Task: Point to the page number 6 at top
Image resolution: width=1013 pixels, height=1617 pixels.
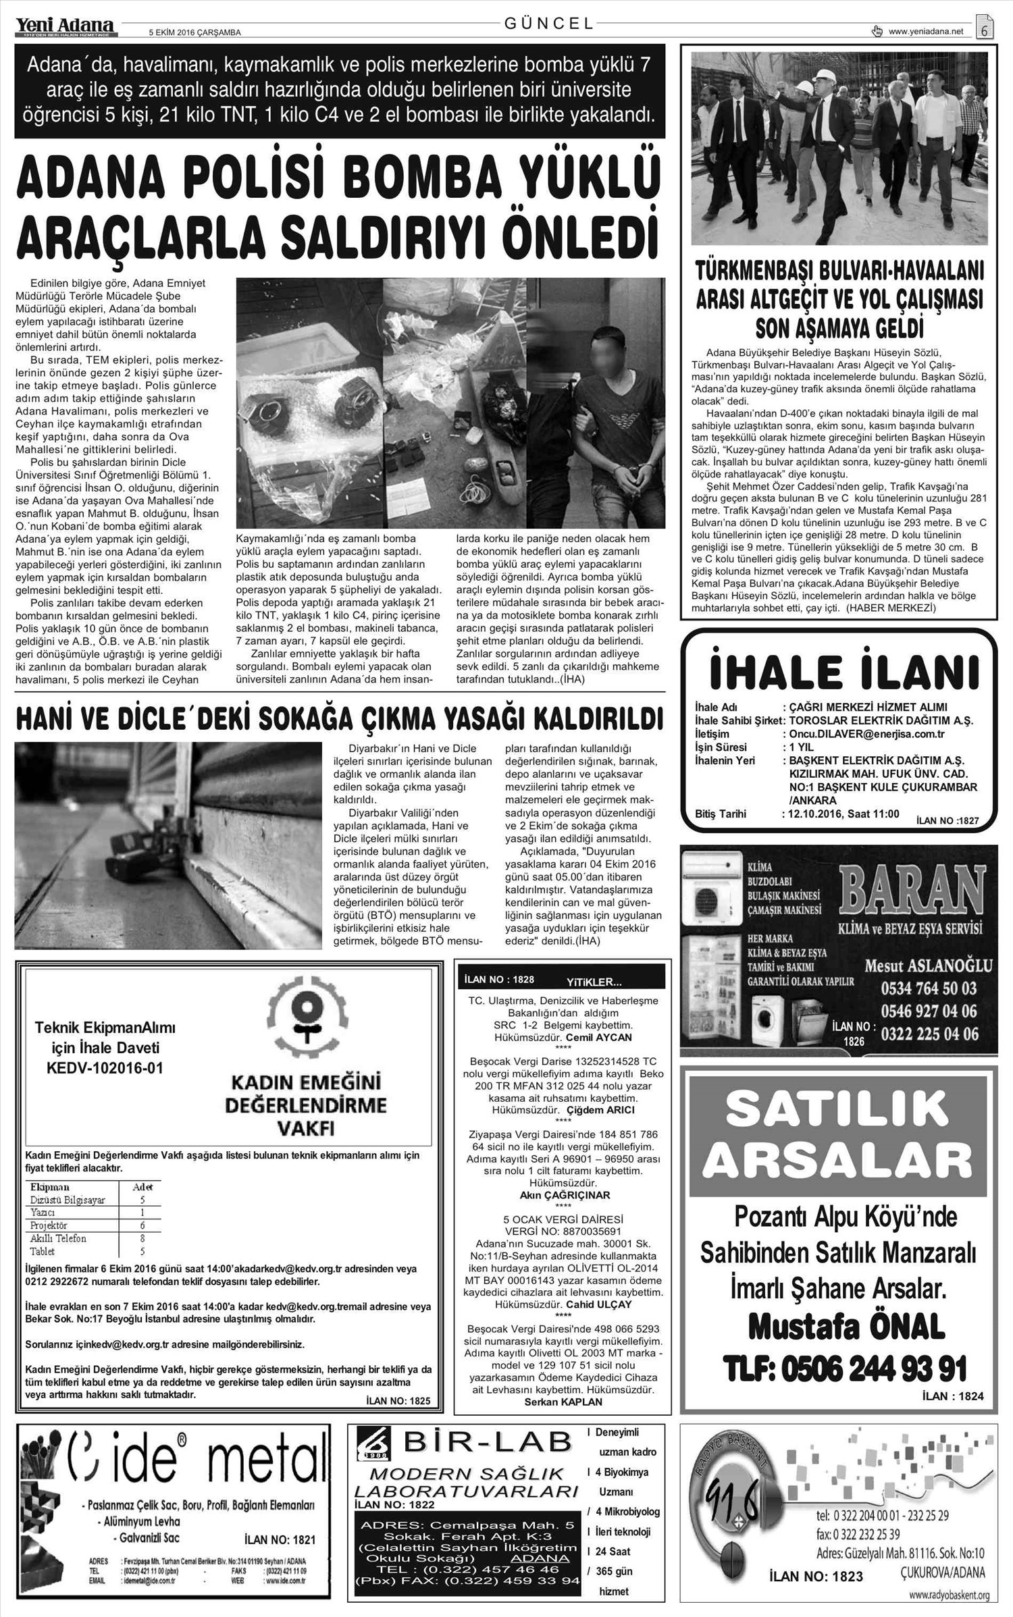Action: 985,30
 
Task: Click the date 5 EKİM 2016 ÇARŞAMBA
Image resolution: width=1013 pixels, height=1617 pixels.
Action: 194,32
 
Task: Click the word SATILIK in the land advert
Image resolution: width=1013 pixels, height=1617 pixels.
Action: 839,1111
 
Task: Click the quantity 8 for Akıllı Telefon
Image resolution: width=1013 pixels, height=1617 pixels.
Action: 142,1238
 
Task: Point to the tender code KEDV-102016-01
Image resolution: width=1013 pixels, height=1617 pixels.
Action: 105,1068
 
